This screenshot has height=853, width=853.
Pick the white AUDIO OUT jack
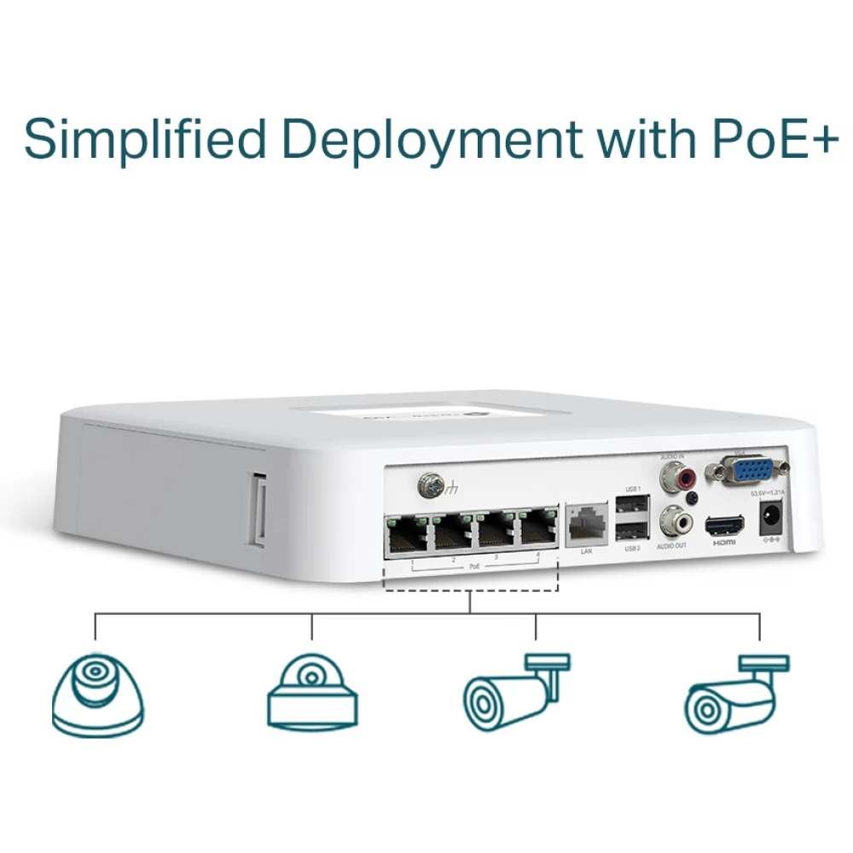point(671,519)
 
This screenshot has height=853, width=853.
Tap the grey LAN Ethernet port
point(586,522)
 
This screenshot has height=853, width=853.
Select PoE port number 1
point(407,535)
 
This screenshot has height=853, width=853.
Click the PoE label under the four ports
point(474,566)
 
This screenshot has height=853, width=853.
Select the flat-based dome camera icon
point(312,691)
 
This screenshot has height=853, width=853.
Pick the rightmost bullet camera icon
point(735,695)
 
